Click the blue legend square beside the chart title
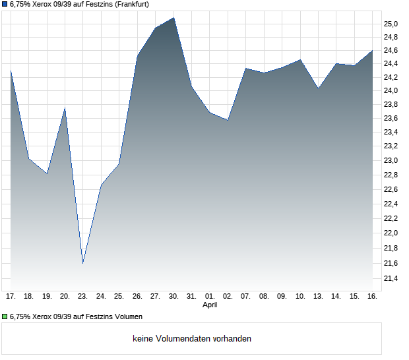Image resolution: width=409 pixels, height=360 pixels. click(x=5, y=4)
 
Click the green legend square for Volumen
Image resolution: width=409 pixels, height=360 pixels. click(x=5, y=316)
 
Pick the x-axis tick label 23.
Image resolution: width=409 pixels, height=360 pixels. click(x=82, y=296)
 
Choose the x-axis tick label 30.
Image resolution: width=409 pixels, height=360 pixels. click(x=173, y=296)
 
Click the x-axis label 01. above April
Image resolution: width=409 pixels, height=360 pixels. click(x=210, y=296)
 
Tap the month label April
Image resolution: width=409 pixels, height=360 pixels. click(x=210, y=305)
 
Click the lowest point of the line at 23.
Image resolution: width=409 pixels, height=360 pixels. click(x=82, y=263)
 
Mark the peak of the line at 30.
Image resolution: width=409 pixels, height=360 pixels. click(x=173, y=18)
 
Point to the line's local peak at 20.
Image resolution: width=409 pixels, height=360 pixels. click(x=65, y=107)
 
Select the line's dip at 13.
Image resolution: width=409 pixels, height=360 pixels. click(x=318, y=88)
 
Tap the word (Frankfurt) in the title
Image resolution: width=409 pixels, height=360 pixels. click(x=131, y=4)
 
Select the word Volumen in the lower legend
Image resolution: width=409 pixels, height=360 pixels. click(x=127, y=316)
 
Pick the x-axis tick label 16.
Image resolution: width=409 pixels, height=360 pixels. click(x=372, y=296)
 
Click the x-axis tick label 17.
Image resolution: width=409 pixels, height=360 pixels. click(x=11, y=296)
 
